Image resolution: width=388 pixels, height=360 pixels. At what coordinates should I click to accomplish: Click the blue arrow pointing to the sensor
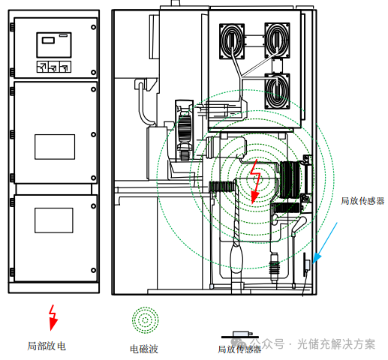[x=325, y=243]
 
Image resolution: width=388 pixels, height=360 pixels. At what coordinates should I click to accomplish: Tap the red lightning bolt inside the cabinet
[x=255, y=181]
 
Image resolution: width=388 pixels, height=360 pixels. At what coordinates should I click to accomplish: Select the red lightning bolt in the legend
[x=53, y=317]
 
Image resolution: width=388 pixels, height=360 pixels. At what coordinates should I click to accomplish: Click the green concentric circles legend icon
[x=146, y=320]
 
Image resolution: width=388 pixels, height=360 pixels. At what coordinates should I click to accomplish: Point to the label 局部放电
[x=47, y=346]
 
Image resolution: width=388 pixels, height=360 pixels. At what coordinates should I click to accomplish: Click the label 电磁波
[x=144, y=349]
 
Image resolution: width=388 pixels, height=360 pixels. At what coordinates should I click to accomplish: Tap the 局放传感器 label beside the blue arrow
[x=362, y=201]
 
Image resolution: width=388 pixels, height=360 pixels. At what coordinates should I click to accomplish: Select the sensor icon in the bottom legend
[x=240, y=334]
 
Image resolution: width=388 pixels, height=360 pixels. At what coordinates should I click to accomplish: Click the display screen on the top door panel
[x=54, y=45]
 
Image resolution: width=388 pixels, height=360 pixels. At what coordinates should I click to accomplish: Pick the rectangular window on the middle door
[x=55, y=147]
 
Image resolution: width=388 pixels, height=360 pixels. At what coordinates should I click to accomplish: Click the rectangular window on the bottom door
[x=54, y=220]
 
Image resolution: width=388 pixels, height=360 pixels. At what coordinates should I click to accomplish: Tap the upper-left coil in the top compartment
[x=232, y=41]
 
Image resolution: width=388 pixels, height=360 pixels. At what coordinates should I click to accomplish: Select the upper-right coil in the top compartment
[x=277, y=40]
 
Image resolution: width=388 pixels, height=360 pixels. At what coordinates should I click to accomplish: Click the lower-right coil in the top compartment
[x=277, y=91]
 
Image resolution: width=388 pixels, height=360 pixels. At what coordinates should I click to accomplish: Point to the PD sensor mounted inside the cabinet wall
[x=307, y=265]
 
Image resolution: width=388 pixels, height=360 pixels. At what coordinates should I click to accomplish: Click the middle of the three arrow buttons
[x=54, y=67]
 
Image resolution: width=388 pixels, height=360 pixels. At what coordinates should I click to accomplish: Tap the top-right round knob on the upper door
[x=93, y=27]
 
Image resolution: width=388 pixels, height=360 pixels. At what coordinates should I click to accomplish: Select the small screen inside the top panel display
[x=48, y=40]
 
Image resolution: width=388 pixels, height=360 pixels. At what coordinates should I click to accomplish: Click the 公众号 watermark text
[x=267, y=343]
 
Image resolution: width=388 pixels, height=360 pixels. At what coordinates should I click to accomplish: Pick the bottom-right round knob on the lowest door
[x=93, y=270]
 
